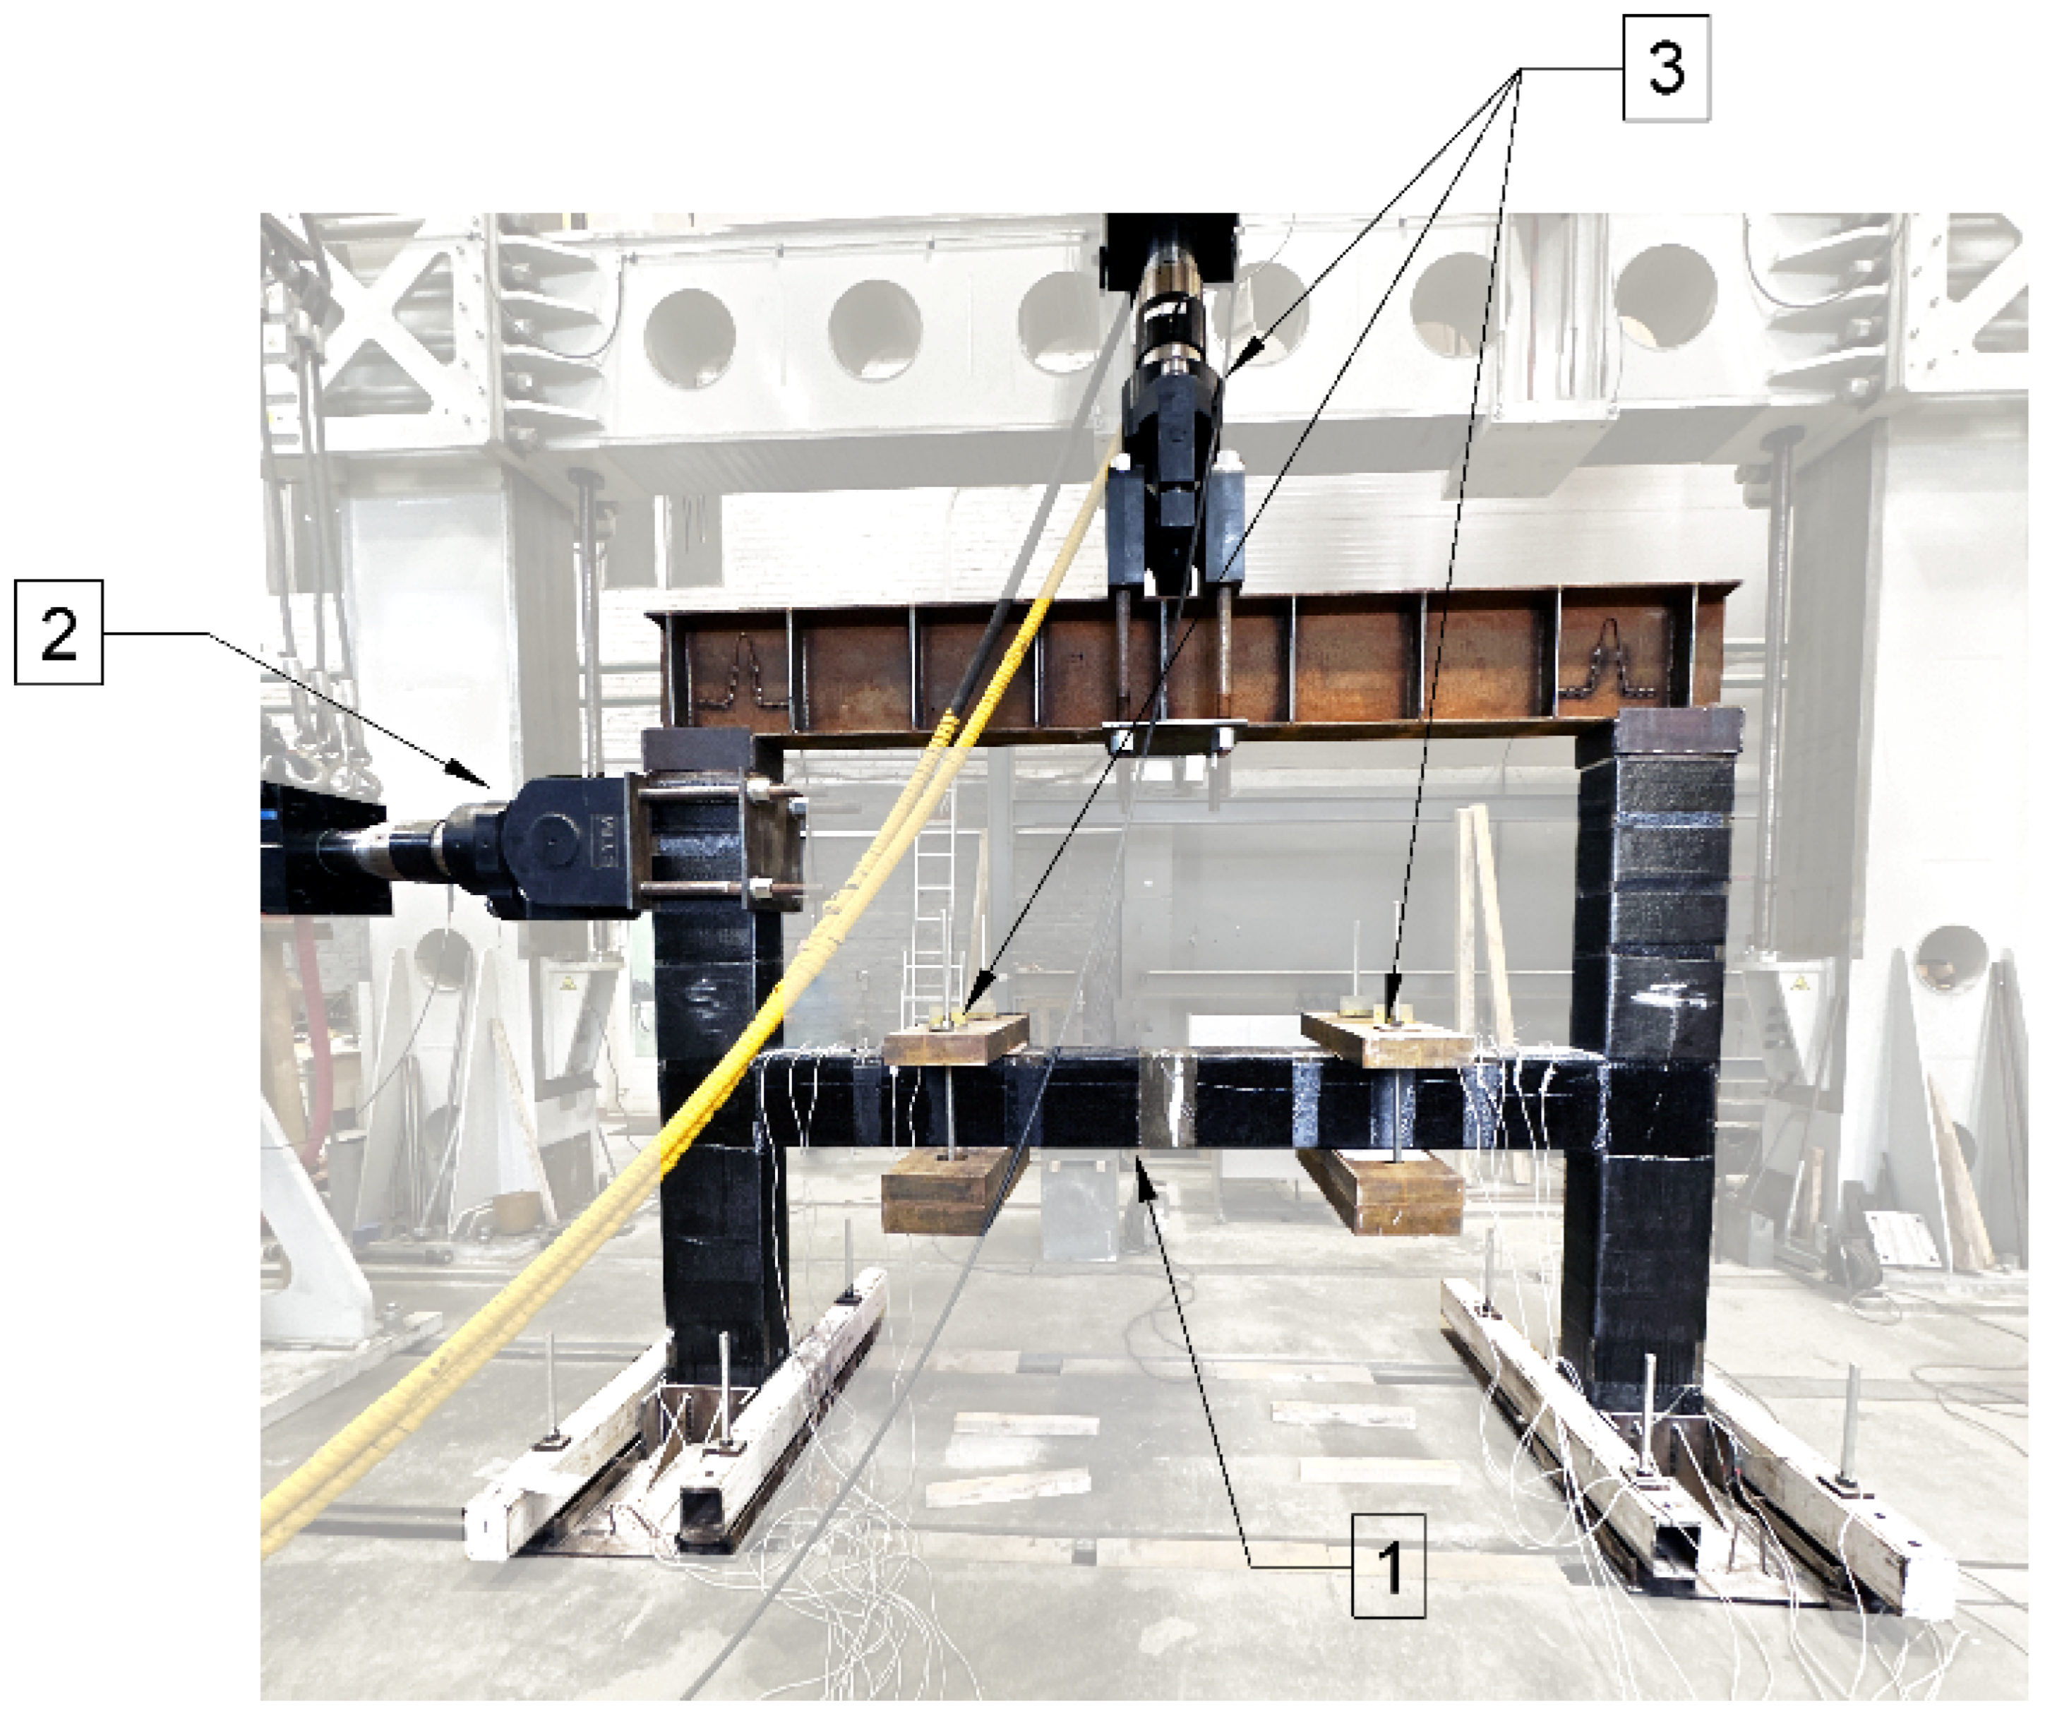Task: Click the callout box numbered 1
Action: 1388,1566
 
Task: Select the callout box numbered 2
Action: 59,632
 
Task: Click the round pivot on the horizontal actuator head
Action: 552,844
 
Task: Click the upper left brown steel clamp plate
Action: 956,1038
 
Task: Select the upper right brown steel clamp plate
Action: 1386,1038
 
